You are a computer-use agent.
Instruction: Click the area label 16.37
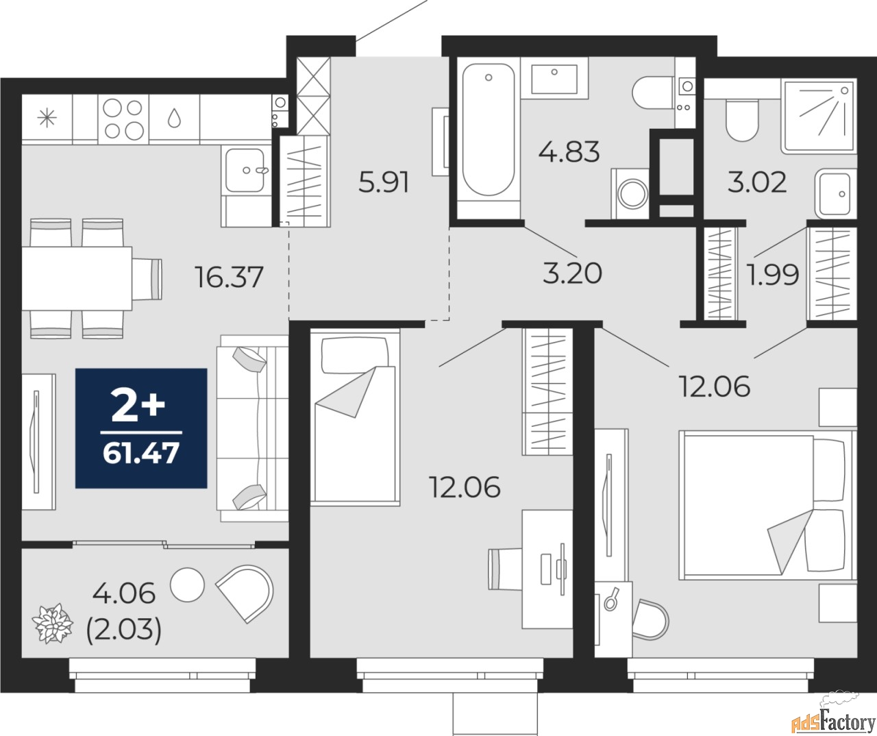coord(229,278)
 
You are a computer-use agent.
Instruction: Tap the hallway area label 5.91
coord(384,183)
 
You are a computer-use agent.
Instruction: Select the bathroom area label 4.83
coord(569,151)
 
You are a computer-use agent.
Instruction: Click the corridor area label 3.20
coord(572,273)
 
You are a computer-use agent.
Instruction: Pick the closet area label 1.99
coord(773,275)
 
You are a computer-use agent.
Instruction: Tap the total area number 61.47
coord(141,453)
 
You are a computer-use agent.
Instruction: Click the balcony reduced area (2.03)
coord(124,630)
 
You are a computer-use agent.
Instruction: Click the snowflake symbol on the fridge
coord(47,119)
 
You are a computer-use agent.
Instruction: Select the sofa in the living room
coord(251,428)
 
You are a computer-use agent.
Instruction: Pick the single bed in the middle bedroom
coord(354,416)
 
